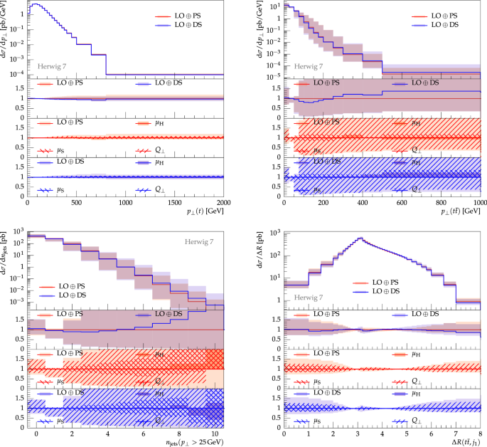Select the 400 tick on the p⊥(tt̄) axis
(363, 201)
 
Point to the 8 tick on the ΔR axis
(481, 432)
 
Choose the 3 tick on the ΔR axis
(358, 432)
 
